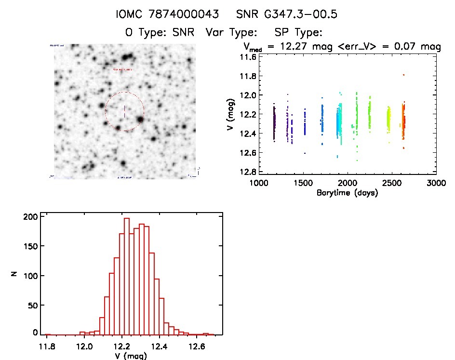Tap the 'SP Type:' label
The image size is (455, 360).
point(297,33)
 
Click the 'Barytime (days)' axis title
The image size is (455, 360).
point(347,193)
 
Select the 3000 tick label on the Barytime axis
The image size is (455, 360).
point(435,183)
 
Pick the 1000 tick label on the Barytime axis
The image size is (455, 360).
point(259,183)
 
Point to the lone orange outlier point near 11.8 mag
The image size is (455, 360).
point(403,75)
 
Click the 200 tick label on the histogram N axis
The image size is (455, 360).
point(30,217)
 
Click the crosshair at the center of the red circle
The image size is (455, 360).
point(124,111)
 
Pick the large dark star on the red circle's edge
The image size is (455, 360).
point(140,119)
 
